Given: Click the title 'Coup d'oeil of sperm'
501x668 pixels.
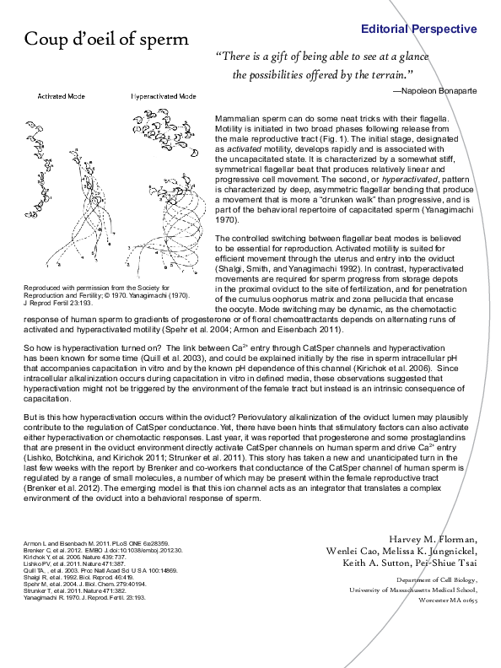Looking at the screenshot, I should [x=106, y=40].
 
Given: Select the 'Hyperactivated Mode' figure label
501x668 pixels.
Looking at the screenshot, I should [x=164, y=97].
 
